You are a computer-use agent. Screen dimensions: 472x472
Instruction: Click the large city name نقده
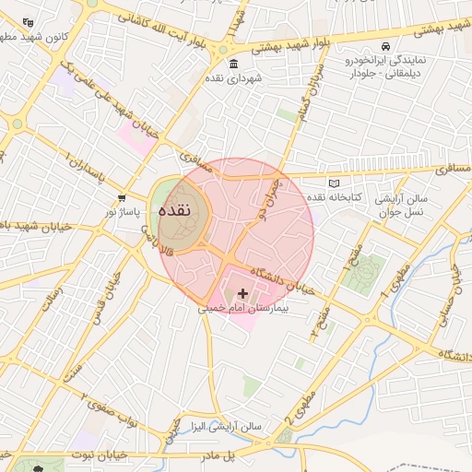pos(175,210)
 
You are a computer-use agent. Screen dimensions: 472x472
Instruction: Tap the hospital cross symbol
pos(242,294)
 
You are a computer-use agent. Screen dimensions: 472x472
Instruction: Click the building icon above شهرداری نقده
pos(233,65)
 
